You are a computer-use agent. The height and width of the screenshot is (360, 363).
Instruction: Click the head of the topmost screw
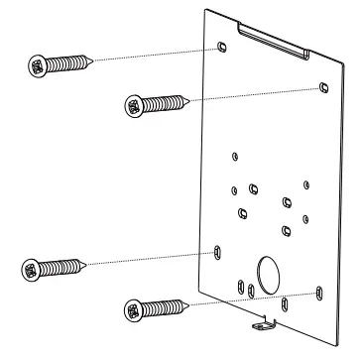point(39,66)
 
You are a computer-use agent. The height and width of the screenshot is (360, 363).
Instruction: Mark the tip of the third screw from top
point(91,263)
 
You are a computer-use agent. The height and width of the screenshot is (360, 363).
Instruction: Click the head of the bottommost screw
point(134,310)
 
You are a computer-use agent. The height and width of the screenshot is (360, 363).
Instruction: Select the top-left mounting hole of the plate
point(221,46)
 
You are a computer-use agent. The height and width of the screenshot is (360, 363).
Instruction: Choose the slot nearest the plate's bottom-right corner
point(317,291)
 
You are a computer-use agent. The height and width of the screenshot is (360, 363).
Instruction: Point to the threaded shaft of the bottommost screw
point(165,305)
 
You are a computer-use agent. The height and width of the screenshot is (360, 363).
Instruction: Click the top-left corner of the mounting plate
point(205,10)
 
